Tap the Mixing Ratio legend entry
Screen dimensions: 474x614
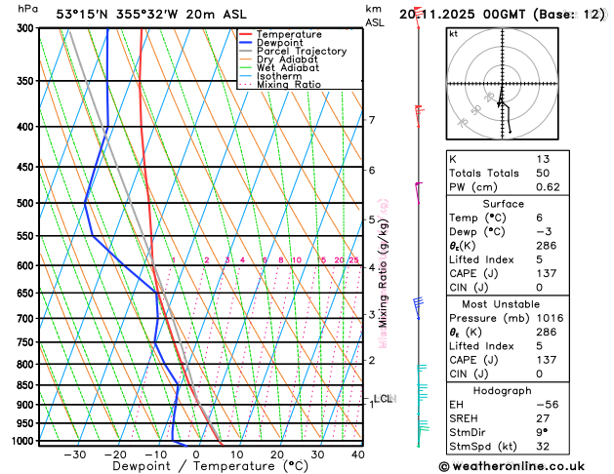294,85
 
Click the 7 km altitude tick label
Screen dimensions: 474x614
372,120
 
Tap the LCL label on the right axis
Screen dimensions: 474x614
383,398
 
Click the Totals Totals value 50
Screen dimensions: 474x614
543,173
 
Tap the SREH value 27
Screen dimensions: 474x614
543,418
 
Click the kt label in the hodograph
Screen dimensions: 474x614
453,33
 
